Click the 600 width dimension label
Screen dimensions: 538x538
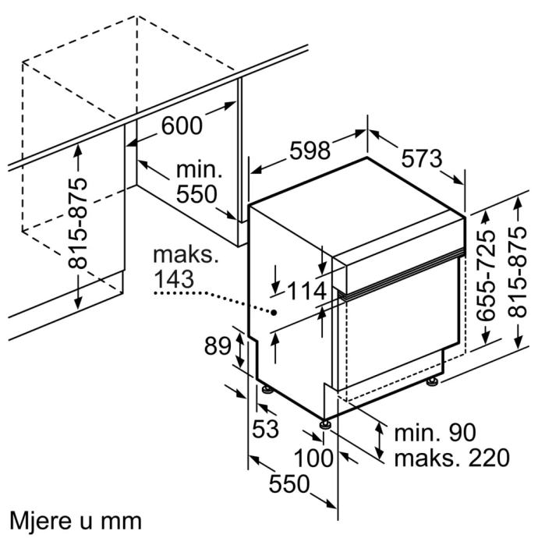click(x=182, y=125)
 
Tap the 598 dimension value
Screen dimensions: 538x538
click(x=310, y=150)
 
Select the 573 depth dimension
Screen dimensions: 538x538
click(x=421, y=159)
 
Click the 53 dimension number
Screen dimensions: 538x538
click(x=266, y=428)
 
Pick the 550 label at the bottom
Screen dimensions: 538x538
click(x=288, y=485)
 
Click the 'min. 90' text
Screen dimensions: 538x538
click(x=434, y=432)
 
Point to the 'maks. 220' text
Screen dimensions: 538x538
click(x=451, y=457)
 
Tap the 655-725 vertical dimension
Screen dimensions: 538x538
click(x=486, y=275)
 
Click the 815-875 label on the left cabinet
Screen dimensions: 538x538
click(x=78, y=223)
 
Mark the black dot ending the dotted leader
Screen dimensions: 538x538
click(x=275, y=311)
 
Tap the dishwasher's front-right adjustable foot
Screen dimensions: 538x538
click(x=324, y=424)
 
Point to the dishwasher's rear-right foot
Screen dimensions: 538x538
click(x=431, y=381)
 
